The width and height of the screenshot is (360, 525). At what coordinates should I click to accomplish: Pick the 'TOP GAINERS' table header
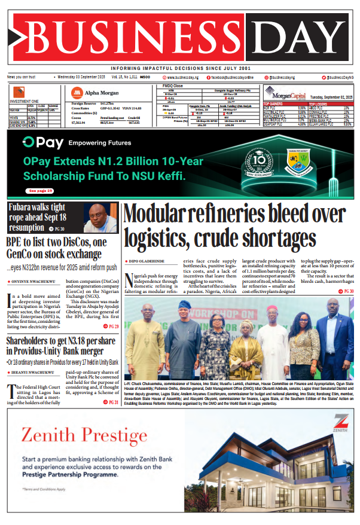(x=274, y=103)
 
